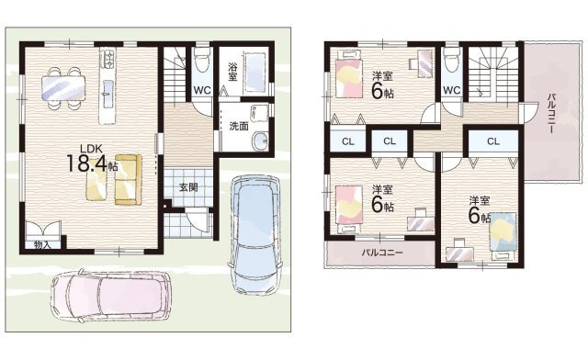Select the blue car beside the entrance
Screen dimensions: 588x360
pyautogui.click(x=255, y=235)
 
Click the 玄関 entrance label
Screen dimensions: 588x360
pyautogui.click(x=187, y=187)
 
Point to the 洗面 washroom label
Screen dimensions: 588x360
pyautogui.click(x=239, y=127)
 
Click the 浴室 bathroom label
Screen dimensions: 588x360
pyautogui.click(x=232, y=73)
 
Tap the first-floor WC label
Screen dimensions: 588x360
pyautogui.click(x=202, y=90)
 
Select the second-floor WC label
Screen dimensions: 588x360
pyautogui.click(x=451, y=90)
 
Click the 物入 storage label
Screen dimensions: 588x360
pyautogui.click(x=42, y=245)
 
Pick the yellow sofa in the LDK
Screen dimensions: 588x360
pyautogui.click(x=129, y=180)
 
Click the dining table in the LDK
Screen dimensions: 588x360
pyautogui.click(x=63, y=88)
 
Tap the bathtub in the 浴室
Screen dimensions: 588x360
pyautogui.click(x=255, y=73)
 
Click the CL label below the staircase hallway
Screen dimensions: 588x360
pyautogui.click(x=493, y=141)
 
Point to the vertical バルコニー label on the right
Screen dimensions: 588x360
pyautogui.click(x=551, y=112)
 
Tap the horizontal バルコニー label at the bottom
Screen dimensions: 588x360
pyautogui.click(x=382, y=253)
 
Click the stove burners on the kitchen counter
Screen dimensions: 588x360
pyautogui.click(x=108, y=59)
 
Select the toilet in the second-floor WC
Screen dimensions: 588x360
pyautogui.click(x=451, y=60)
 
